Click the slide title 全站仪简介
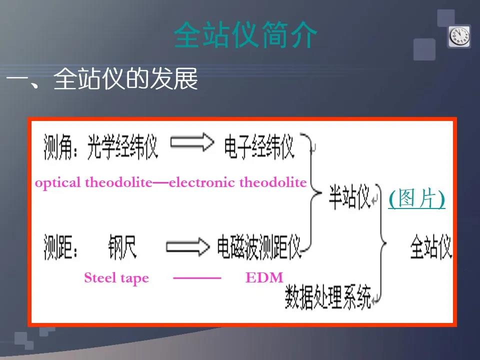245,34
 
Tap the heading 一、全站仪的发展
102,79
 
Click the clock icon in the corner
459,36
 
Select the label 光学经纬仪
122,147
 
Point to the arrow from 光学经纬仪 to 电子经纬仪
192,142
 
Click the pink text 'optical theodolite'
93,183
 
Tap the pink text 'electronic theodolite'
238,182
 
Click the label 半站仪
349,197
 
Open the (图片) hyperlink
416,198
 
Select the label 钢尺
122,246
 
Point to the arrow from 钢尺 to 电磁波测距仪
188,246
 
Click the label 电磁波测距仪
259,246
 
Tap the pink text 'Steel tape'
116,278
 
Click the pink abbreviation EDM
264,277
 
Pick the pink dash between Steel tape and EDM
197,278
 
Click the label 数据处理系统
328,297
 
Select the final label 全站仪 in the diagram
431,246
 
